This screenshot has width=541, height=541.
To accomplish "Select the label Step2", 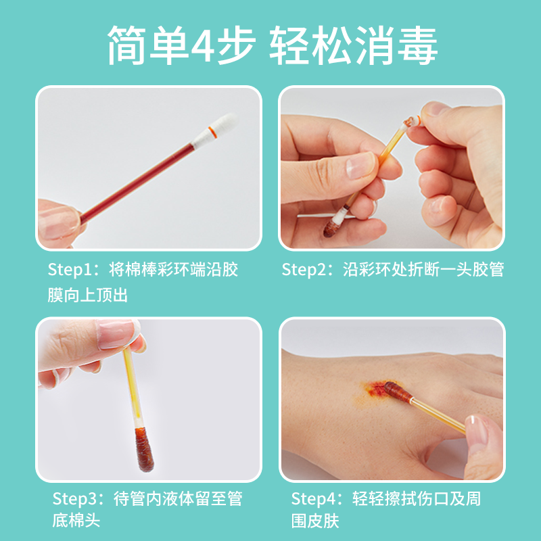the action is click(304, 269).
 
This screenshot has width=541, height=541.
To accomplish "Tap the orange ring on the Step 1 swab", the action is click(212, 132).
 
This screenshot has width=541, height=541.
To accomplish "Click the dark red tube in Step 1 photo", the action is click(137, 183).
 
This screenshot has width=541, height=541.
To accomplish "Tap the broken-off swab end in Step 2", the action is click(412, 122).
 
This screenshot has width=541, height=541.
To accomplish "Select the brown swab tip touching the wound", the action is click(397, 392).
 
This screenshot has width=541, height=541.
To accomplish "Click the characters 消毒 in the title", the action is click(396, 45).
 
